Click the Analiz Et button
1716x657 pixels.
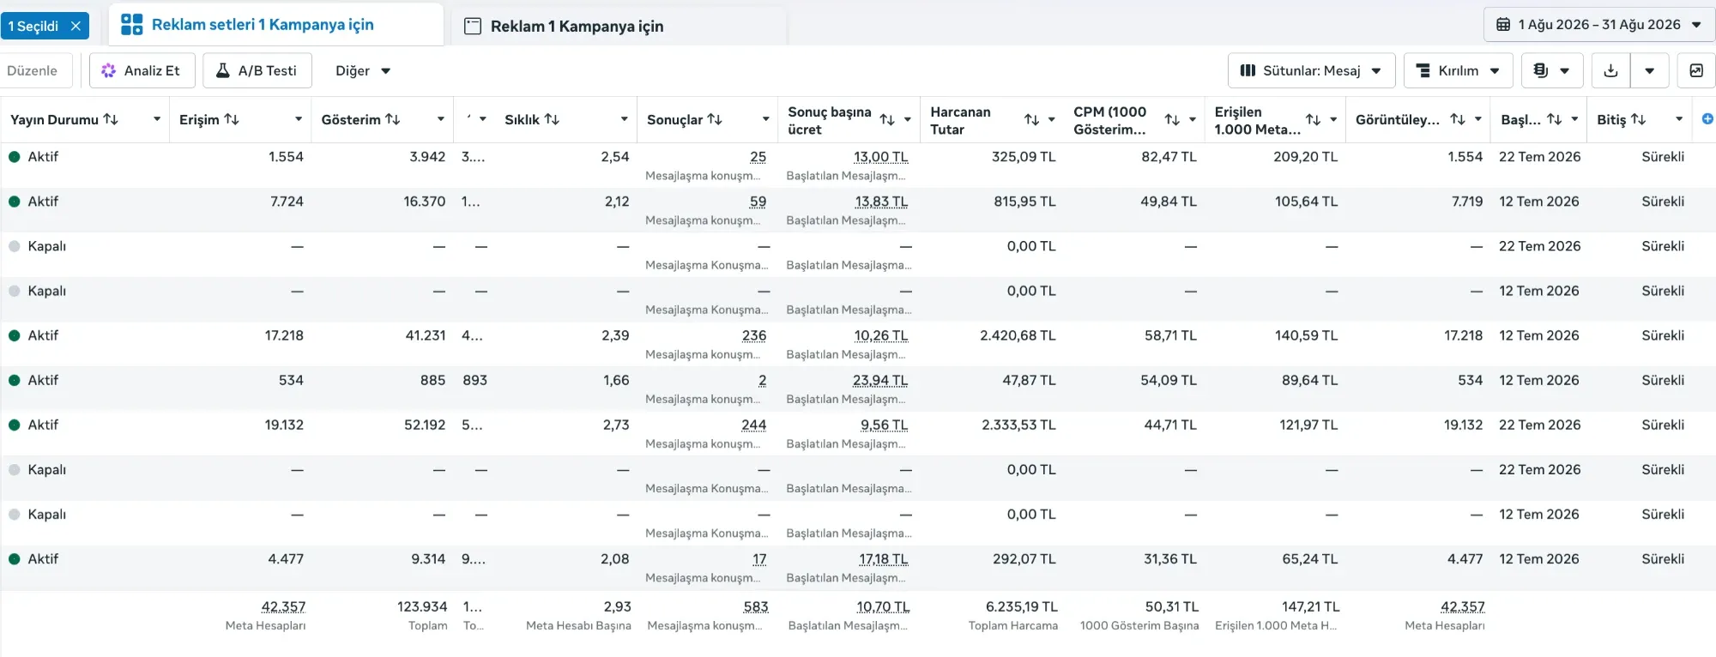142,70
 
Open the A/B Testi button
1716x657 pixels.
257,70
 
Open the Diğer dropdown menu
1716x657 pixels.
363,70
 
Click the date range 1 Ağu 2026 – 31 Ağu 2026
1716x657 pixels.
1599,25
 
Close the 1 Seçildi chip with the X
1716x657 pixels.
76,26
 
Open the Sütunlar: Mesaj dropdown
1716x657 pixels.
1311,70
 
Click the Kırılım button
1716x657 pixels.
1458,70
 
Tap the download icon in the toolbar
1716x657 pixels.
1610,70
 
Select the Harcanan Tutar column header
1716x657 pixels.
960,120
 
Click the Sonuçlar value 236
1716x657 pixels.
754,335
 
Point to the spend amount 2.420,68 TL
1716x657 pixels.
1018,335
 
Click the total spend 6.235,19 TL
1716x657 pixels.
1021,606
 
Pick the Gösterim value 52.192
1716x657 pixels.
425,425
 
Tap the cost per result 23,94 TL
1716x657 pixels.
880,380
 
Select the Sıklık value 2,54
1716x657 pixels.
615,157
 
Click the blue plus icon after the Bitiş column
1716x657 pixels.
1707,119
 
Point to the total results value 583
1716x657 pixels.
756,606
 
